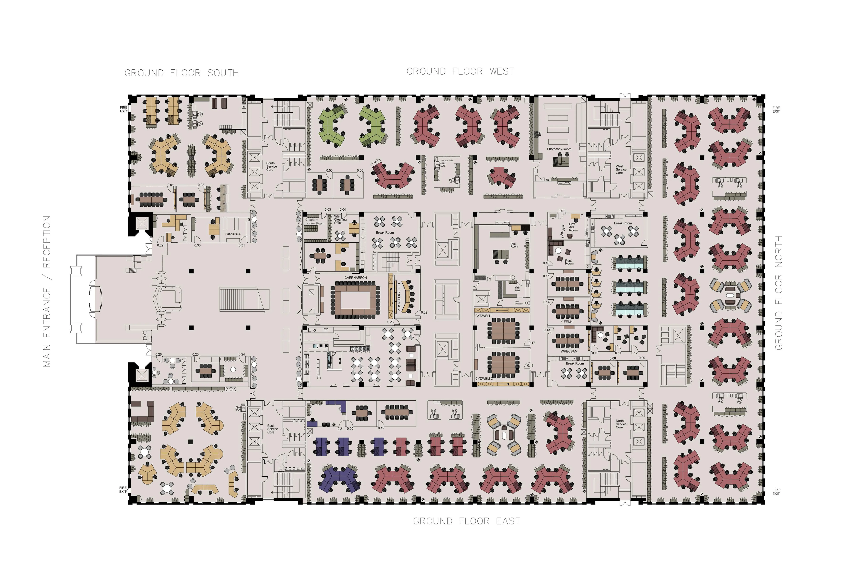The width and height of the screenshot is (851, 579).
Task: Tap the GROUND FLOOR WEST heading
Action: tap(460, 71)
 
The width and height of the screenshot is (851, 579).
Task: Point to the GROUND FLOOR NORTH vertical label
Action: tap(779, 293)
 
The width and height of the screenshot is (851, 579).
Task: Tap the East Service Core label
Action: tap(272, 429)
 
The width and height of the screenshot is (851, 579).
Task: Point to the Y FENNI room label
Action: tap(567, 322)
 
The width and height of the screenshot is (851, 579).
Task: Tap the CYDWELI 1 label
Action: tap(484, 315)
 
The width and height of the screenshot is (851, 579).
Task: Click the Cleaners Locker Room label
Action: tap(314, 221)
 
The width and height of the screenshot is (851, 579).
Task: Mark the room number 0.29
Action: tap(160, 245)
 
